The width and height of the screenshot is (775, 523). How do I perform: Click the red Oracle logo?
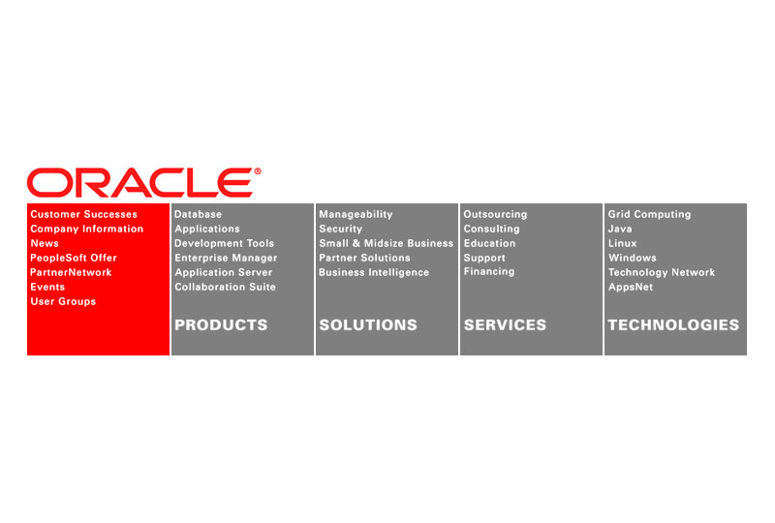tap(143, 182)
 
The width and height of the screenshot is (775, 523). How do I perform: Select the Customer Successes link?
tap(84, 214)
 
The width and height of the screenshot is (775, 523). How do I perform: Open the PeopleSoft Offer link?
tap(74, 258)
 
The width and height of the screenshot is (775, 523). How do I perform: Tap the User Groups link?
tap(63, 301)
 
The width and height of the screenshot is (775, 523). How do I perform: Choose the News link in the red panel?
tap(45, 243)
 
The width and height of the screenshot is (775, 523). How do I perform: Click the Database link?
tap(199, 214)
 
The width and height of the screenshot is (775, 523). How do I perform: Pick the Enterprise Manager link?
tap(226, 258)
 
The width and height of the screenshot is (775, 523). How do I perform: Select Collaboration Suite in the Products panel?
tap(225, 287)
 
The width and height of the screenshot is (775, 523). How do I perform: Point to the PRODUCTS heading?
tap(221, 324)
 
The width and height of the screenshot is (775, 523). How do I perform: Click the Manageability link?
tap(356, 214)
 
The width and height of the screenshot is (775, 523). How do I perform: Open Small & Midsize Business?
tap(386, 243)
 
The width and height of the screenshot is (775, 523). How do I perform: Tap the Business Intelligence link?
tap(374, 272)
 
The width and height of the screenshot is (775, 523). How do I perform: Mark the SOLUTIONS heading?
tap(368, 324)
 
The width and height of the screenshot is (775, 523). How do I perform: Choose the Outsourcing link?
tap(495, 214)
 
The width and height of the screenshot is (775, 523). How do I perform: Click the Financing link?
tap(489, 271)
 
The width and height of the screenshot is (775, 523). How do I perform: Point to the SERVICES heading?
tap(505, 324)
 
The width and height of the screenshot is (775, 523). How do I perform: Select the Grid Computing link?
tap(649, 214)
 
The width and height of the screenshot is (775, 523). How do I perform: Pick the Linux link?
tap(622, 243)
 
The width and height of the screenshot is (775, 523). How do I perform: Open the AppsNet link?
tap(631, 287)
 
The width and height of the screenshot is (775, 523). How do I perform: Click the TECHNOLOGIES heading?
tap(673, 324)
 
